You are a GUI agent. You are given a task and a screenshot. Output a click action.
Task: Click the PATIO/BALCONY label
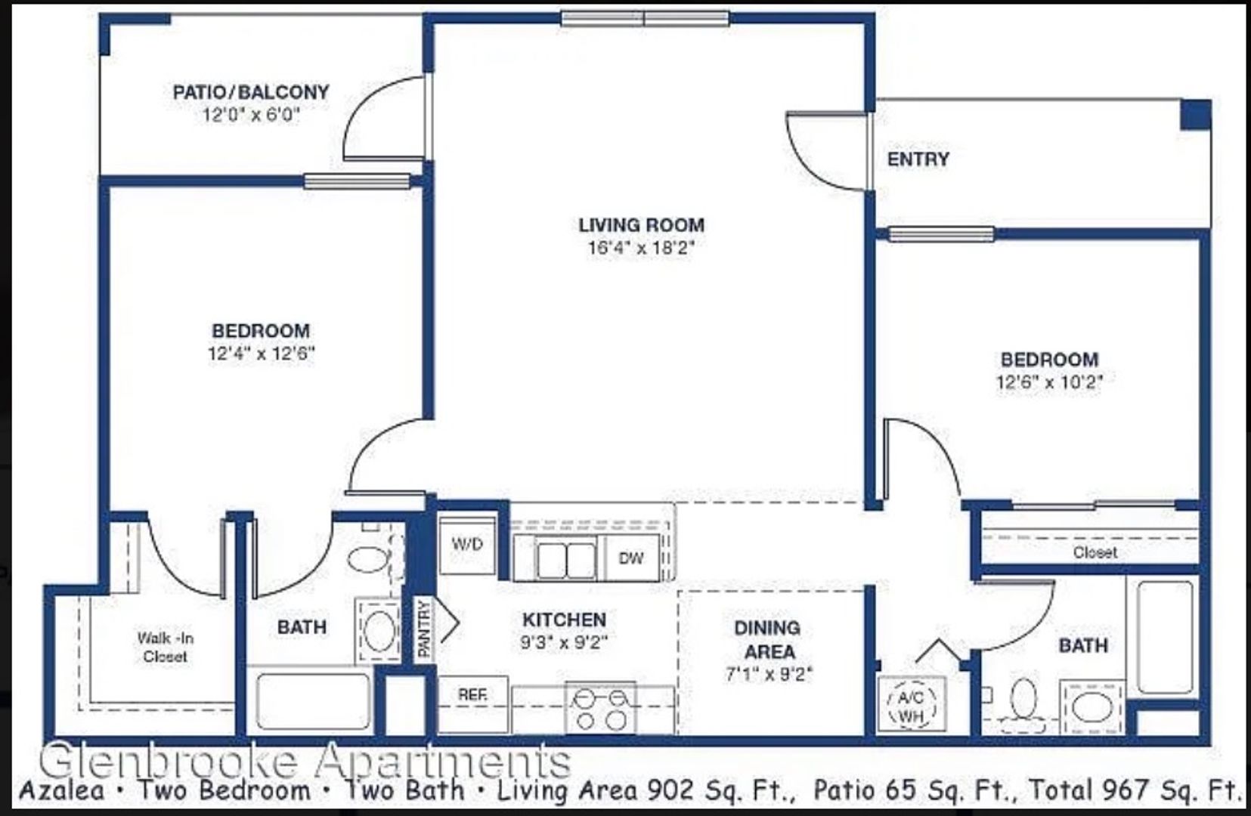click(x=251, y=92)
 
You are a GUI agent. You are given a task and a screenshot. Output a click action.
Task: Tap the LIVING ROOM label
click(x=641, y=225)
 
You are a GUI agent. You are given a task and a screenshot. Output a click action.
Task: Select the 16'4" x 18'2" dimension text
click(x=641, y=248)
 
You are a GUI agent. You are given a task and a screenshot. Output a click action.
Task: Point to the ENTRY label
click(x=918, y=159)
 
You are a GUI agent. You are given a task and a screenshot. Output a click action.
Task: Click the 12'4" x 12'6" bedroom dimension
click(x=262, y=354)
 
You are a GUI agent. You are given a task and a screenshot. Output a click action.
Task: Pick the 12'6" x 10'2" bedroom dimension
click(x=1050, y=382)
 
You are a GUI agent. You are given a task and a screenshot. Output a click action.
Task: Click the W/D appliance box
click(x=467, y=546)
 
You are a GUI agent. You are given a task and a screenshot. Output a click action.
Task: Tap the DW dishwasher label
click(x=631, y=558)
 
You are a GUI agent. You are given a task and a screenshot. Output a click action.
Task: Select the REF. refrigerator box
click(x=473, y=704)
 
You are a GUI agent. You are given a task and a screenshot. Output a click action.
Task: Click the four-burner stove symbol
click(x=600, y=708)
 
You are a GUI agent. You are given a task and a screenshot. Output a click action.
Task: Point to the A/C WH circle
click(x=911, y=704)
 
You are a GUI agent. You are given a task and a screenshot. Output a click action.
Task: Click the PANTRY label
click(x=424, y=629)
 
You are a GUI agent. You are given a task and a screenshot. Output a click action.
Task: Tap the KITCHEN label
click(x=564, y=620)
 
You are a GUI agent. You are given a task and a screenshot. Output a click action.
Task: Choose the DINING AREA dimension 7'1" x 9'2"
click(x=769, y=674)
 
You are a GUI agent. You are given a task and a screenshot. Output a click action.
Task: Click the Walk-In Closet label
click(x=166, y=647)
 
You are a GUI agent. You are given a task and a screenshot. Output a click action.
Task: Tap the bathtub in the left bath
click(x=313, y=702)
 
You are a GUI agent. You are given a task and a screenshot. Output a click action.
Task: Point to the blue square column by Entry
click(x=1195, y=115)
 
